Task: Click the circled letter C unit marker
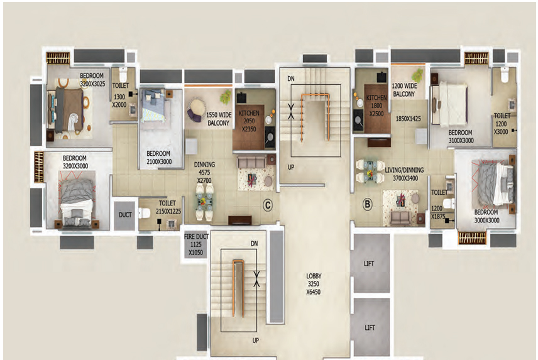pyautogui.click(x=267, y=205)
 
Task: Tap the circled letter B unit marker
pyautogui.click(x=367, y=205)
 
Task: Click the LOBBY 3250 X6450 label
pyautogui.click(x=314, y=284)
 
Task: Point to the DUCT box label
pyautogui.click(x=125, y=215)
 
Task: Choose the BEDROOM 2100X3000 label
pyautogui.click(x=159, y=158)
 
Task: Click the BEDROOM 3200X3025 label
pyautogui.click(x=92, y=80)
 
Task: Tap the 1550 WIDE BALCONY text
pyautogui.click(x=219, y=119)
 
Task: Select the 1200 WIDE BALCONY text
pyautogui.click(x=404, y=90)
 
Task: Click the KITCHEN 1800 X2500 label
pyautogui.click(x=376, y=106)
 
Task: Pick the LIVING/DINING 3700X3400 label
pyautogui.click(x=405, y=174)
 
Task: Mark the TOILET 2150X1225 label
pyautogui.click(x=168, y=207)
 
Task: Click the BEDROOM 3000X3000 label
pyautogui.click(x=486, y=216)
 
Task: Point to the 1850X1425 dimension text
pyautogui.click(x=409, y=119)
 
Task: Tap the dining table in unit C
pyautogui.click(x=204, y=202)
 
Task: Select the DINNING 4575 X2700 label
pyautogui.click(x=204, y=172)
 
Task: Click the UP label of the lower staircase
pyautogui.click(x=256, y=341)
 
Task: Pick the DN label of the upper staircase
pyautogui.click(x=291, y=79)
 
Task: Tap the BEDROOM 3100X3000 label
pyautogui.click(x=461, y=136)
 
